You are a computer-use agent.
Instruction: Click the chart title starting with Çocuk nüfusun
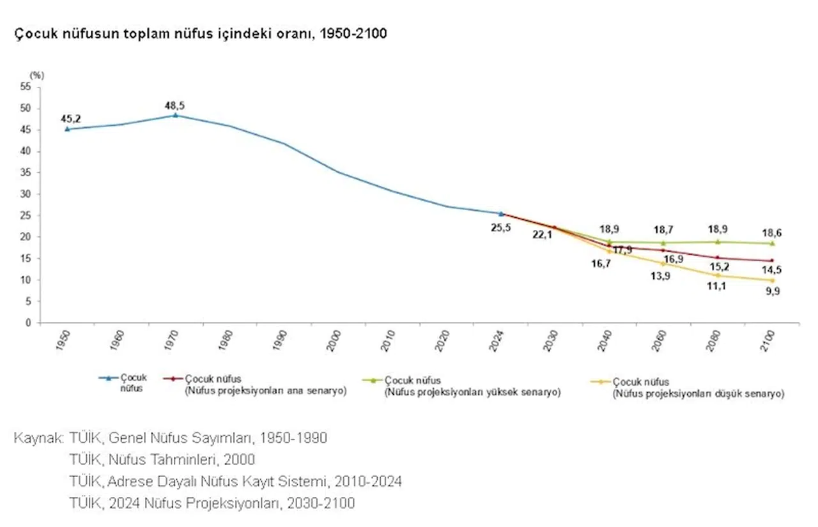(x=201, y=34)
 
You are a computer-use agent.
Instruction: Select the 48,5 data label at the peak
(x=174, y=105)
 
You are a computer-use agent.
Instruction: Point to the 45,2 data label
(x=70, y=118)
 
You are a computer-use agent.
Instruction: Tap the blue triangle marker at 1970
(x=175, y=116)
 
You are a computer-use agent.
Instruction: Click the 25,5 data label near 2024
(x=500, y=228)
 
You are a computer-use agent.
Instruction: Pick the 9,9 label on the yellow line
(x=772, y=291)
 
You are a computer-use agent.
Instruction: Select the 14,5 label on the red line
(x=773, y=270)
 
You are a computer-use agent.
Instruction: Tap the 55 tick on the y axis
(x=26, y=87)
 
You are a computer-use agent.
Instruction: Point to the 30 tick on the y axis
(x=26, y=194)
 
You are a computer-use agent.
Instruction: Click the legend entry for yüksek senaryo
(x=472, y=387)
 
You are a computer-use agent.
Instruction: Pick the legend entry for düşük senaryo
(x=697, y=388)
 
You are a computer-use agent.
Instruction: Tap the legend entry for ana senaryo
(x=265, y=385)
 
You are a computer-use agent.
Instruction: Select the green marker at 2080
(x=718, y=241)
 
